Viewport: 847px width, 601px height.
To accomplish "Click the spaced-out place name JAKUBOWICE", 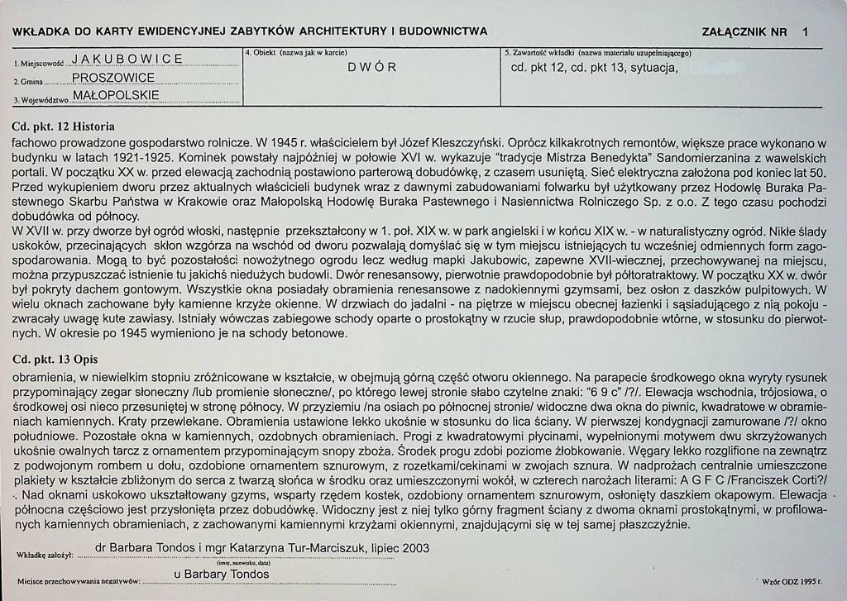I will click(x=127, y=59).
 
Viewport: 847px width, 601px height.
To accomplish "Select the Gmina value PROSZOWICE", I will click(x=113, y=78).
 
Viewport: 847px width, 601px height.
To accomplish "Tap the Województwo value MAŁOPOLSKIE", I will click(x=116, y=95).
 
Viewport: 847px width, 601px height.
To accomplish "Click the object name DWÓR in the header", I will click(x=372, y=67).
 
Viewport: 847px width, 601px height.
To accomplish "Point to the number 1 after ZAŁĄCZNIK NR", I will click(x=805, y=32).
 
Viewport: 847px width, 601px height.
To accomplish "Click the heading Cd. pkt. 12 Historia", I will click(x=64, y=127).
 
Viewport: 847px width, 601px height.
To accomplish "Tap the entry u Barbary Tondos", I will click(x=222, y=574).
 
